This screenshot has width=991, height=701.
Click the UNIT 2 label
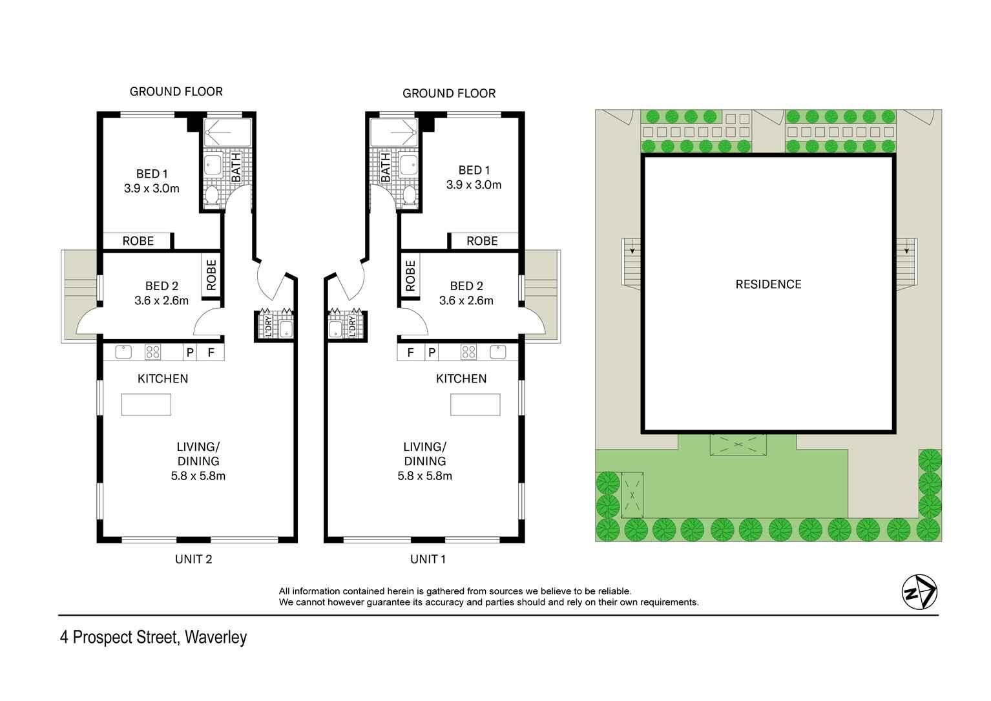coord(193,560)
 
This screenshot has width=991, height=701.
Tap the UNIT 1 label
coord(428,560)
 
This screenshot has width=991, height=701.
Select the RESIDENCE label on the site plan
coord(768,284)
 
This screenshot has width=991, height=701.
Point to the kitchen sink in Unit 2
coord(123,352)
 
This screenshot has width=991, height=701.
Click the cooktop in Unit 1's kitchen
coord(468,352)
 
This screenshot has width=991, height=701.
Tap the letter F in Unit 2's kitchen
coord(211,353)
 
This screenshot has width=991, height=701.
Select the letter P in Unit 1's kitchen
coord(432,353)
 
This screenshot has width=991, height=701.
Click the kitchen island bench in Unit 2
coord(146,404)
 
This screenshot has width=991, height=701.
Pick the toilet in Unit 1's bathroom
coord(408,194)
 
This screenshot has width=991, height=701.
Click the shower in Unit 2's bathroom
coord(227,133)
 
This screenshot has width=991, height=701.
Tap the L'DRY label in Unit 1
coord(352,325)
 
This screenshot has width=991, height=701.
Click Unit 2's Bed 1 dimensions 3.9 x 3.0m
coord(152,189)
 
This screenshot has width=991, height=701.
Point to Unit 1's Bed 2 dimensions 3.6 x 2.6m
coord(466,300)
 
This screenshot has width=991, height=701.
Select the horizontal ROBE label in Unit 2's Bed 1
coord(138,241)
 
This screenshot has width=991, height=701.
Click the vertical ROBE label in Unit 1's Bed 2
coord(410,276)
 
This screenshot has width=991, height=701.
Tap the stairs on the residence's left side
coord(631,262)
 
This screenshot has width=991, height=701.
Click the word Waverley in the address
coord(216,638)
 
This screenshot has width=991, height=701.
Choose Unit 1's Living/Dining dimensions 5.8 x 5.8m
coord(424,476)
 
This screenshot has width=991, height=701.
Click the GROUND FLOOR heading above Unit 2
coord(176,92)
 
